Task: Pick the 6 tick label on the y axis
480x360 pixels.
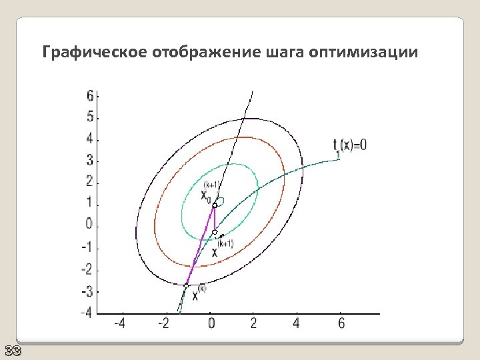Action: (90, 96)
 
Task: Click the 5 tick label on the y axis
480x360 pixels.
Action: (90, 117)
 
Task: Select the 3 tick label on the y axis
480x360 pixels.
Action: (90, 161)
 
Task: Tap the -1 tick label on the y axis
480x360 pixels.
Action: (87, 247)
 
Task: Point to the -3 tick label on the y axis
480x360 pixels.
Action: (87, 291)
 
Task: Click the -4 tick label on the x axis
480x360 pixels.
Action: (121, 323)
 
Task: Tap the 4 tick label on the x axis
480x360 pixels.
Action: (297, 323)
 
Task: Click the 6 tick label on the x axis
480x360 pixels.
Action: (340, 323)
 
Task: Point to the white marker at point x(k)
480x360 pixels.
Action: (186, 285)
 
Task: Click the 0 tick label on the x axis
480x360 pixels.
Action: (211, 323)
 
